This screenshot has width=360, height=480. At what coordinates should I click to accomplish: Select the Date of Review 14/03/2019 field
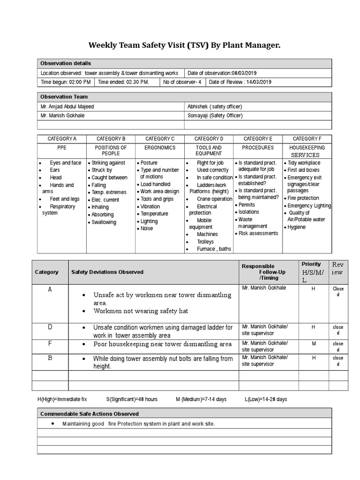(240, 82)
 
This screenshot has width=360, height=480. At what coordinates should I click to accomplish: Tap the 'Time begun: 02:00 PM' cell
(66, 82)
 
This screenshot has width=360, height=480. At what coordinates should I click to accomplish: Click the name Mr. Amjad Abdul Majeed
(67, 106)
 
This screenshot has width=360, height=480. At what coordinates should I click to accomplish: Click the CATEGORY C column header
(160, 139)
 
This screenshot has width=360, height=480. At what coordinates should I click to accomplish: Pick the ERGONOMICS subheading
(160, 147)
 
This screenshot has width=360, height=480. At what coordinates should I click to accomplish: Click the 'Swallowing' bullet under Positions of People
(104, 222)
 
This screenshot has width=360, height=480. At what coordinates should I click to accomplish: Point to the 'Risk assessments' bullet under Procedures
(258, 233)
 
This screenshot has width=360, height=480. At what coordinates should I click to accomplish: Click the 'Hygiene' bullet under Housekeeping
(296, 227)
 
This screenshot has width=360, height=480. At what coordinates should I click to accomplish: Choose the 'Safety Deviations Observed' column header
(107, 272)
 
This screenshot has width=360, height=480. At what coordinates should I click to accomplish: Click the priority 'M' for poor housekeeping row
(313, 344)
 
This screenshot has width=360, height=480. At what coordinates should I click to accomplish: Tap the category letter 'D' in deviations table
(50, 327)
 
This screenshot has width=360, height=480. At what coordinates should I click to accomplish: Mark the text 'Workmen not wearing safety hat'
(141, 311)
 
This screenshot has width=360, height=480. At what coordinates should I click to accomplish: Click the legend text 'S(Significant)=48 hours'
(132, 399)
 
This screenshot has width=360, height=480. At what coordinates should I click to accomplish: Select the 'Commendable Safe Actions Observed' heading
(90, 414)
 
